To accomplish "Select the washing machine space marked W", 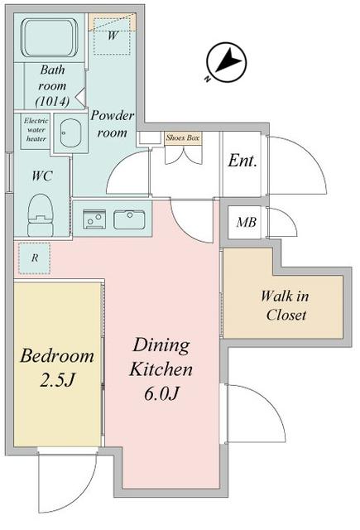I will (111, 36).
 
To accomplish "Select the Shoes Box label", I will (181, 138).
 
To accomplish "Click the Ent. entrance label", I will (242, 161).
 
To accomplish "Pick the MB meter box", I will (246, 222).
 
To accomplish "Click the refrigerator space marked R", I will (33, 258).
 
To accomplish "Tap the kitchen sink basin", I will (129, 219).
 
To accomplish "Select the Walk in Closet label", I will (286, 305).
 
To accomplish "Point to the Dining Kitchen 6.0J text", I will (162, 369).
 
